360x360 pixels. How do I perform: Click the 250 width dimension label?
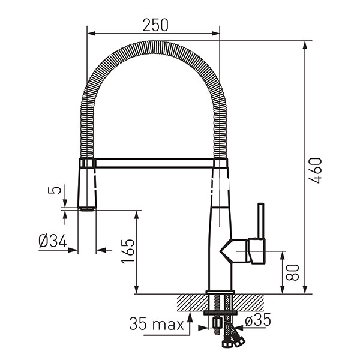point(155,25)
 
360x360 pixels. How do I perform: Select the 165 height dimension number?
point(128,251)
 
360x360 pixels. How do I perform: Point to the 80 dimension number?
point(292,272)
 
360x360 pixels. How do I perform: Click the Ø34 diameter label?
point(53,241)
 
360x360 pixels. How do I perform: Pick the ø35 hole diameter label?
point(258,320)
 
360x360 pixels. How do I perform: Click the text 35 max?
point(157,324)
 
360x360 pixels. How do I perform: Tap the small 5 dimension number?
point(55,190)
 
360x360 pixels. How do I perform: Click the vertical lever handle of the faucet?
point(261,221)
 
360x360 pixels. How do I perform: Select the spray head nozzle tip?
point(87,209)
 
